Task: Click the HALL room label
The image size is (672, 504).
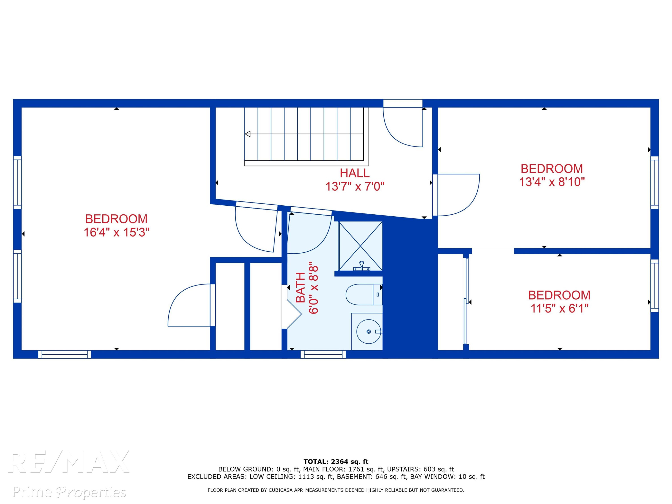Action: (355, 173)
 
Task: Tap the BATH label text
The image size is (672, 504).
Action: (300, 287)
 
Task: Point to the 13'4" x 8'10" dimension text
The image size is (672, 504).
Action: (552, 182)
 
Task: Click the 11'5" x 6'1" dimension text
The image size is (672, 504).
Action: (559, 308)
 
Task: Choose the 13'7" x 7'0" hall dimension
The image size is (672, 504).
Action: (355, 186)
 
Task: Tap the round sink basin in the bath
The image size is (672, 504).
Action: (368, 332)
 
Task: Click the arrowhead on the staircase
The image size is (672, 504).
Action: (248, 134)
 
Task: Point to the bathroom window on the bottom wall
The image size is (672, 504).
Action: (323, 354)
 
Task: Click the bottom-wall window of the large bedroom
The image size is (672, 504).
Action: (65, 354)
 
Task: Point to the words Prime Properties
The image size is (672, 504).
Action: (69, 491)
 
